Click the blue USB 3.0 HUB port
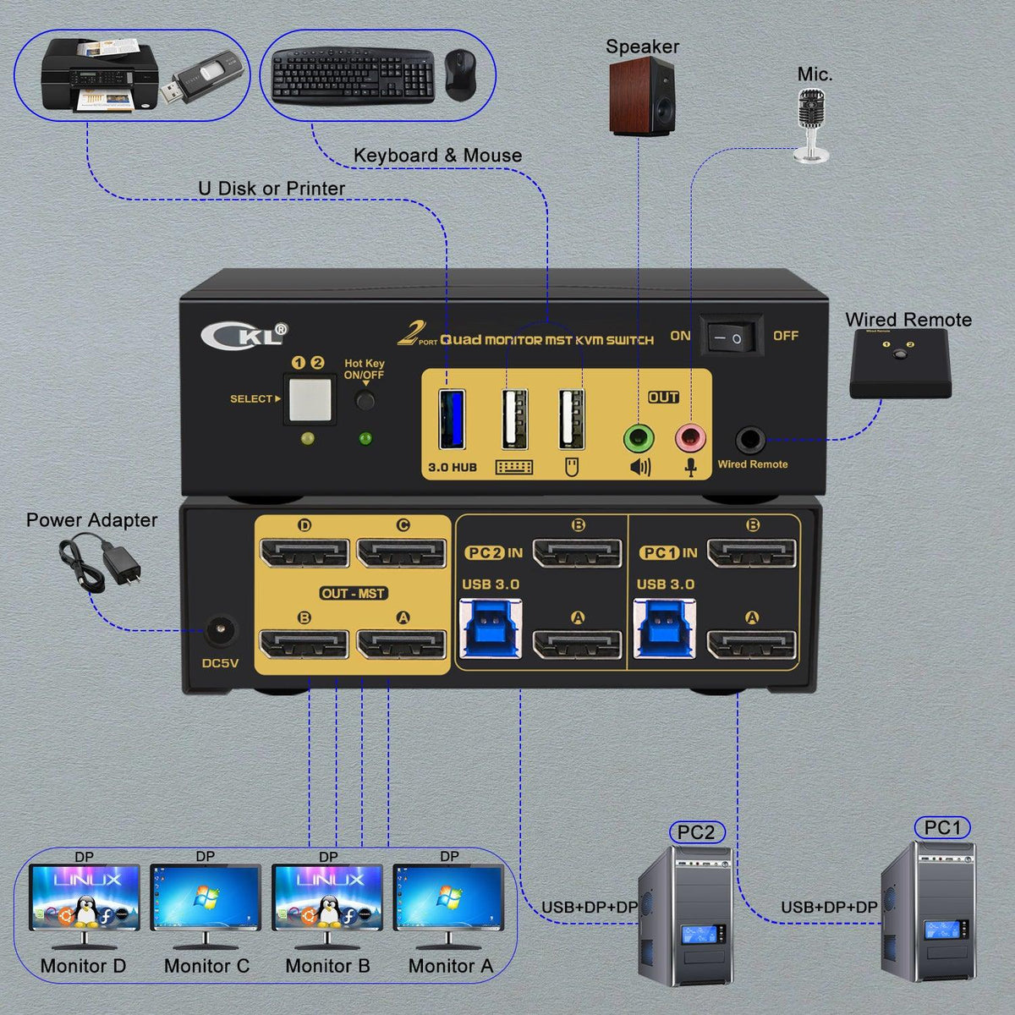click(x=452, y=419)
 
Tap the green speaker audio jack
click(x=639, y=439)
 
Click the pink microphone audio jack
click(x=690, y=438)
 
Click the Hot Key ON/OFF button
click(x=365, y=400)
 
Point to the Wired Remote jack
click(x=750, y=440)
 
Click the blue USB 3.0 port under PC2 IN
click(x=491, y=628)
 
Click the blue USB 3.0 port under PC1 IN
click(x=665, y=628)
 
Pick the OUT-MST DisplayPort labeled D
click(x=304, y=554)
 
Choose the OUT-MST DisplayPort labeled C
click(x=402, y=554)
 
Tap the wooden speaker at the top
click(x=642, y=98)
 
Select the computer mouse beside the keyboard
click(x=460, y=74)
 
